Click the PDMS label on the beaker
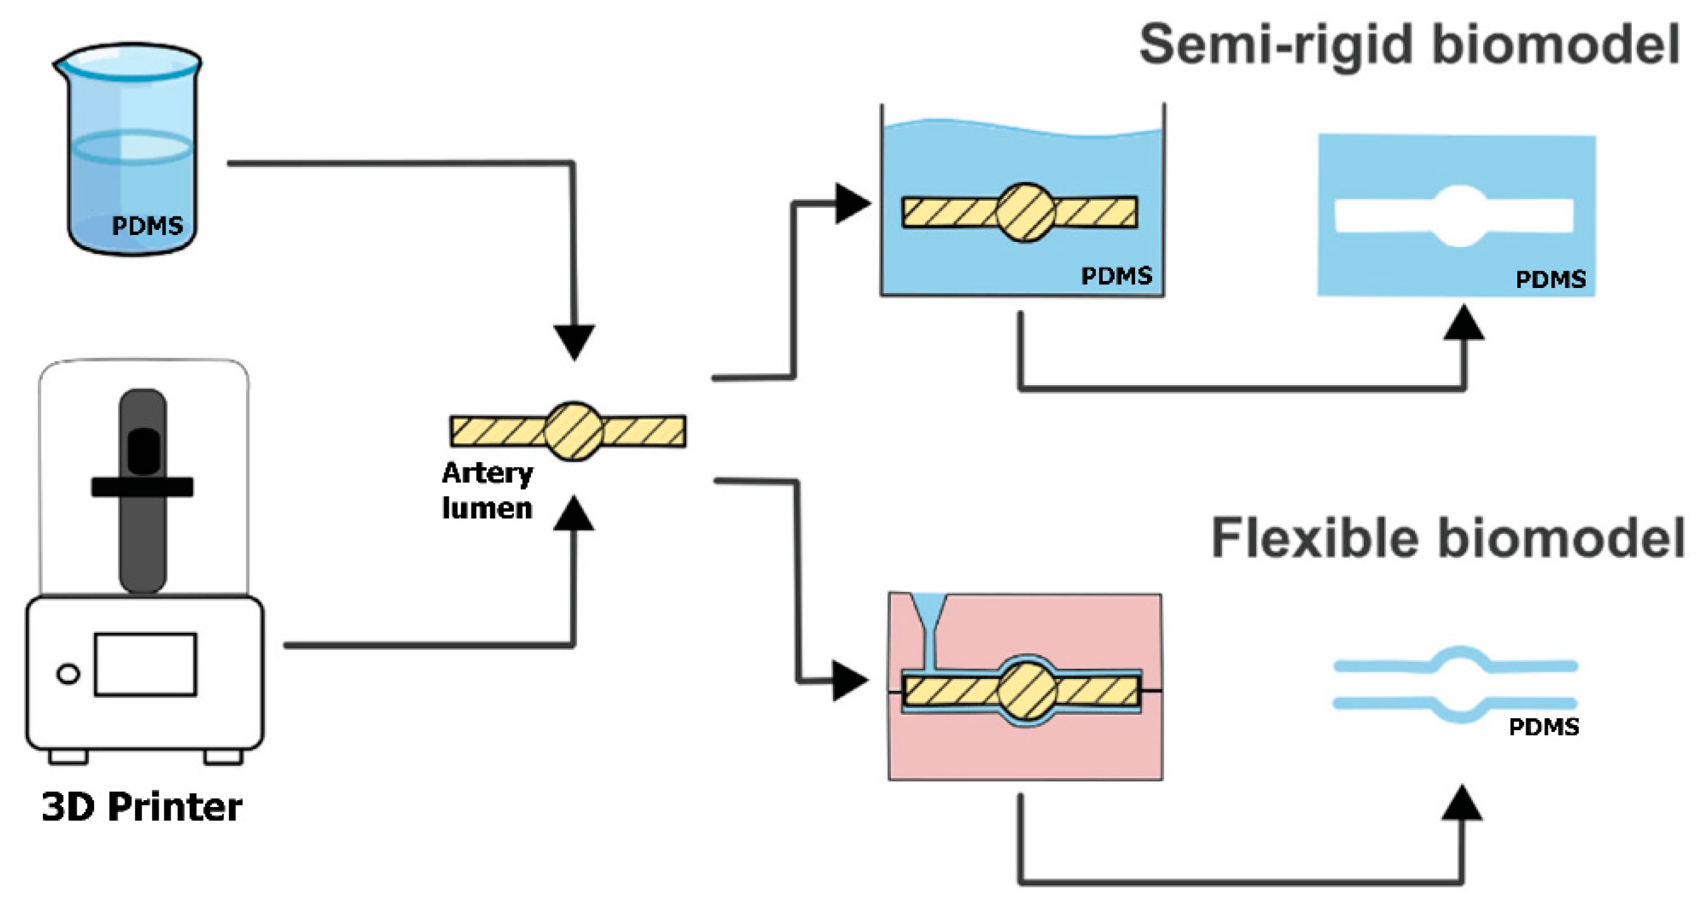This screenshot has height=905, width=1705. (x=147, y=225)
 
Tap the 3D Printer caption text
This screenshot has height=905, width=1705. (x=142, y=807)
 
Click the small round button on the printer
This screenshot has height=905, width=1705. (x=68, y=674)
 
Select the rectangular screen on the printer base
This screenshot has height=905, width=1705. (x=145, y=664)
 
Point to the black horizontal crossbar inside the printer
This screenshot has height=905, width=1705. (x=142, y=487)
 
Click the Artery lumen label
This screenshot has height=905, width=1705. (x=487, y=490)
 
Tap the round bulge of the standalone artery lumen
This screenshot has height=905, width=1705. (x=573, y=431)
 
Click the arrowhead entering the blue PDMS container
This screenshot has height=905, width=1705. (x=852, y=203)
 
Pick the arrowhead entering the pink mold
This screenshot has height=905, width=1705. (x=849, y=680)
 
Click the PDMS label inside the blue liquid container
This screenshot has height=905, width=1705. (x=1116, y=275)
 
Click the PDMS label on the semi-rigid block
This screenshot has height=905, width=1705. (x=1550, y=279)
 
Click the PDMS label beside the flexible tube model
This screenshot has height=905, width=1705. (x=1543, y=727)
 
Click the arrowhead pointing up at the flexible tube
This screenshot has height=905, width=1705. (x=1462, y=804)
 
